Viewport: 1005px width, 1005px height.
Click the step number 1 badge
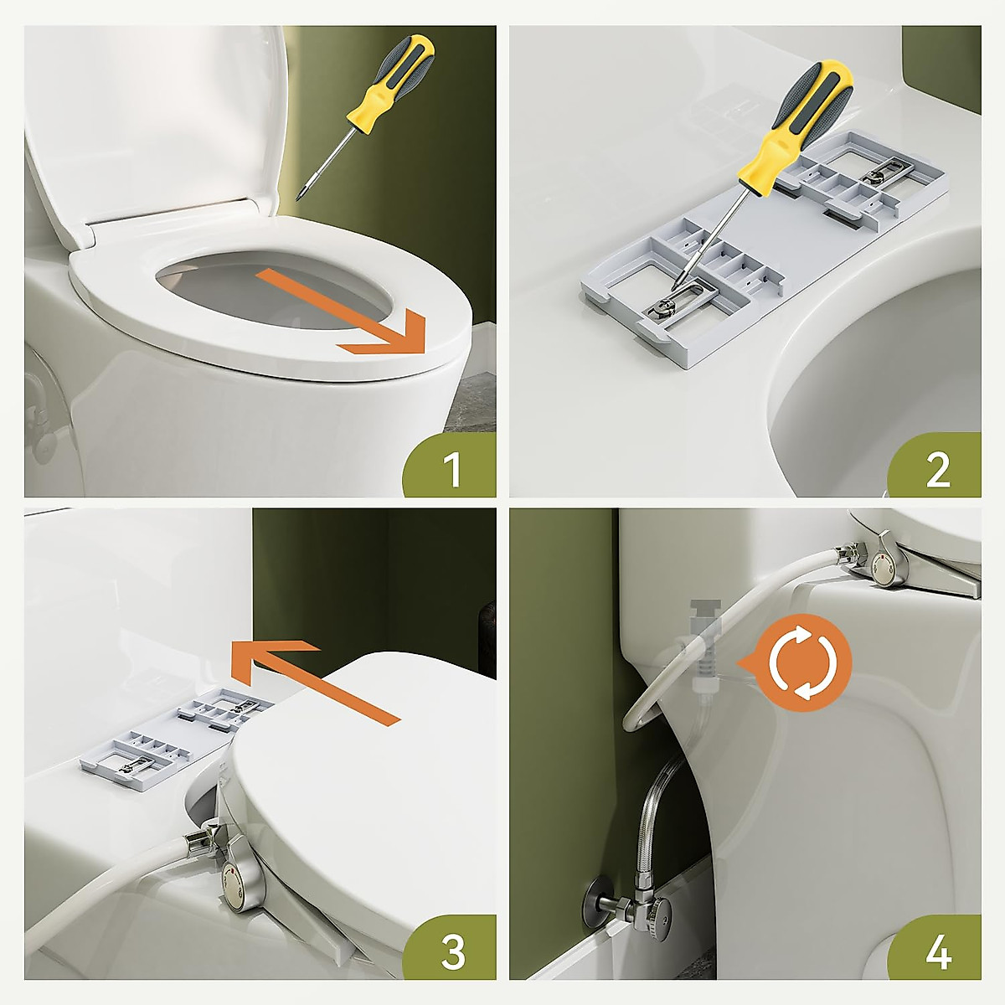click(450, 466)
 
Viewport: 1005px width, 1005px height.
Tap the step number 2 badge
click(935, 466)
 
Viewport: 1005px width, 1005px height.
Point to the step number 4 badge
click(935, 951)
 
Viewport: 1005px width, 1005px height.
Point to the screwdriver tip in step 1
click(300, 198)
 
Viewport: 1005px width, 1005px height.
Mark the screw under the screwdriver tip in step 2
click(662, 308)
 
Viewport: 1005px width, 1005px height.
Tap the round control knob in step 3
click(235, 884)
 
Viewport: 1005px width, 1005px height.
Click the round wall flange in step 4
click(594, 905)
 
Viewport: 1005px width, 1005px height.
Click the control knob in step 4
click(884, 569)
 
